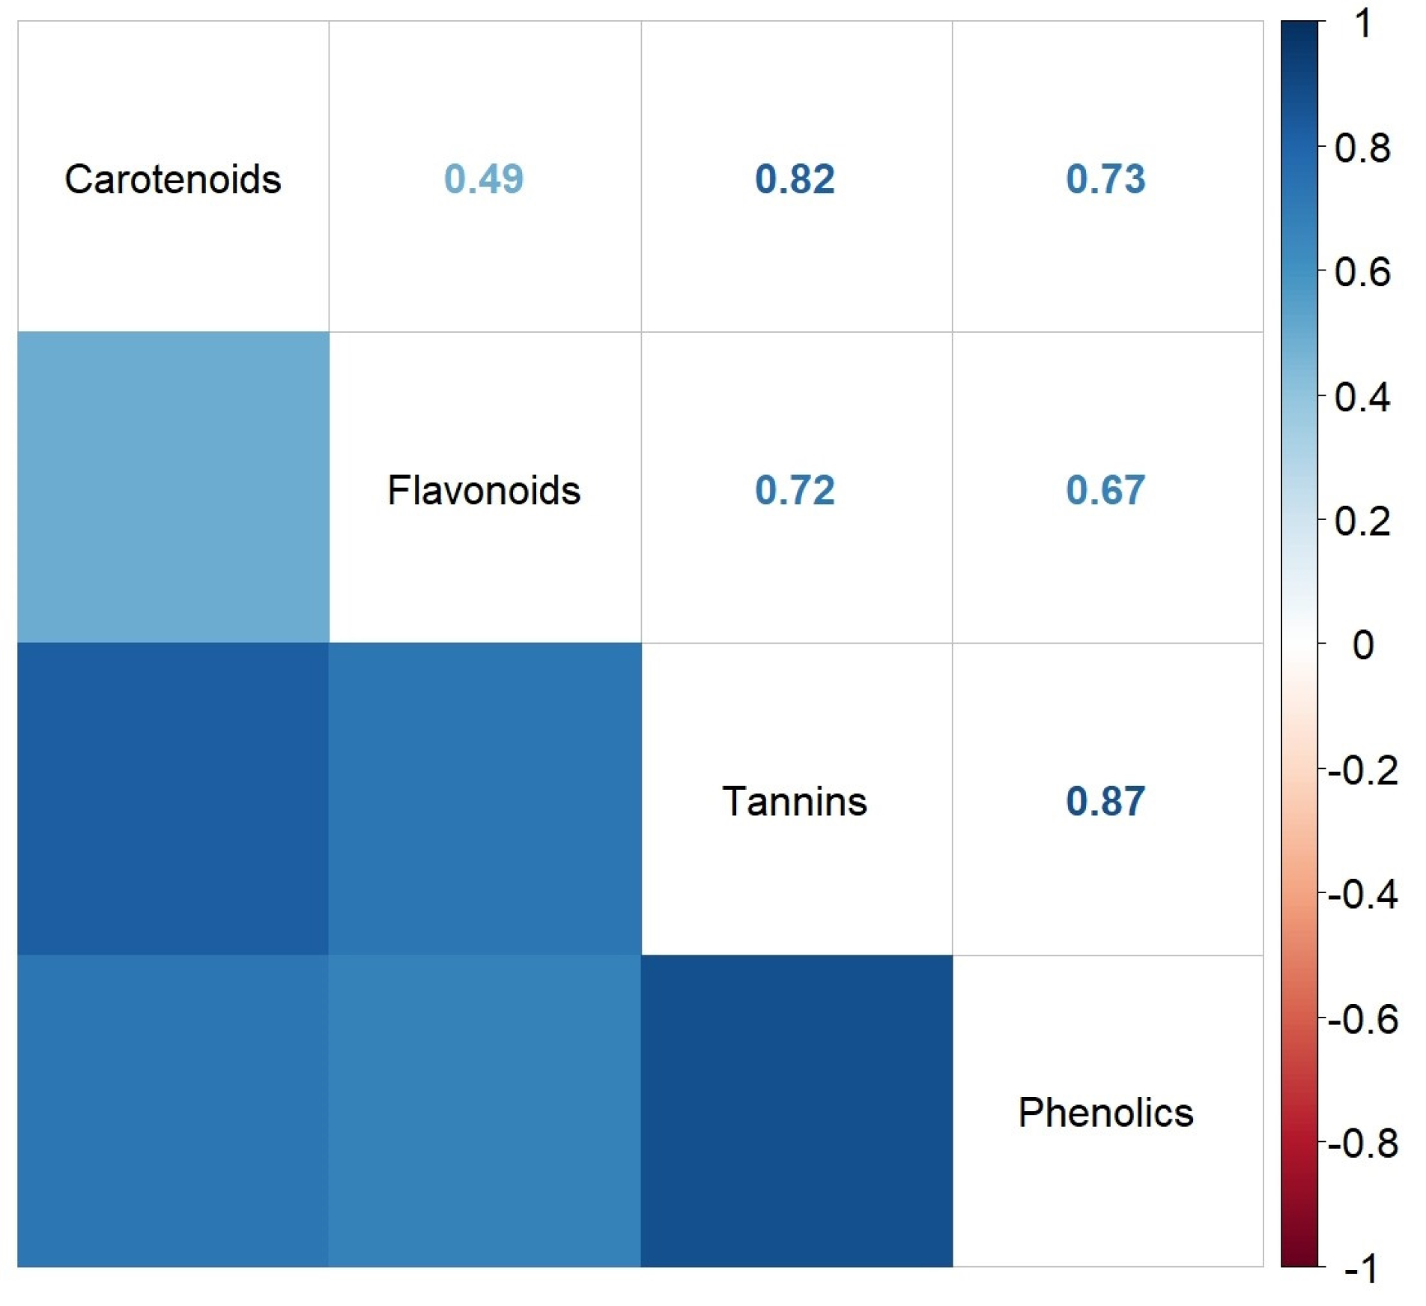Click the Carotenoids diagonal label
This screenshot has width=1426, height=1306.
[x=172, y=179]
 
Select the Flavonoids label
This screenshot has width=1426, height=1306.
[x=484, y=491]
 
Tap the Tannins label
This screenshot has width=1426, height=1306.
[x=795, y=802]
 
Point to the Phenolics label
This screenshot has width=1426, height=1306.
[x=1105, y=1113]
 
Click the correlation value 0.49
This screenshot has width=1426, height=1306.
[x=484, y=179]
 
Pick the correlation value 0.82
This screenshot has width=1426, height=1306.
[x=795, y=179]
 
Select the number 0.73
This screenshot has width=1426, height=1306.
[x=1105, y=179]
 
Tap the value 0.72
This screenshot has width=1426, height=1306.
[x=795, y=491]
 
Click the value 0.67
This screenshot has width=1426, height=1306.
[x=1105, y=491]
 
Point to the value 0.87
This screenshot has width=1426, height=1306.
[x=1105, y=802]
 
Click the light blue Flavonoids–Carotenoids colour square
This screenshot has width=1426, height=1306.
[x=172, y=487]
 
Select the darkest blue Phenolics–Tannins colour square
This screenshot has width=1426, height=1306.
[x=796, y=1111]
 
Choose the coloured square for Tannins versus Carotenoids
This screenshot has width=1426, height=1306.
[x=172, y=799]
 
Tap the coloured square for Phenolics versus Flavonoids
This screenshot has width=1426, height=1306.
[x=484, y=1111]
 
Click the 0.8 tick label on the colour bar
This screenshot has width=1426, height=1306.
[x=1362, y=148]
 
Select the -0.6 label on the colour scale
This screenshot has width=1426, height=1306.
[x=1362, y=1020]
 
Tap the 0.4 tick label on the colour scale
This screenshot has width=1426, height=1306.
[x=1362, y=396]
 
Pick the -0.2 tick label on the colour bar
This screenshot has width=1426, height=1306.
[x=1362, y=770]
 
